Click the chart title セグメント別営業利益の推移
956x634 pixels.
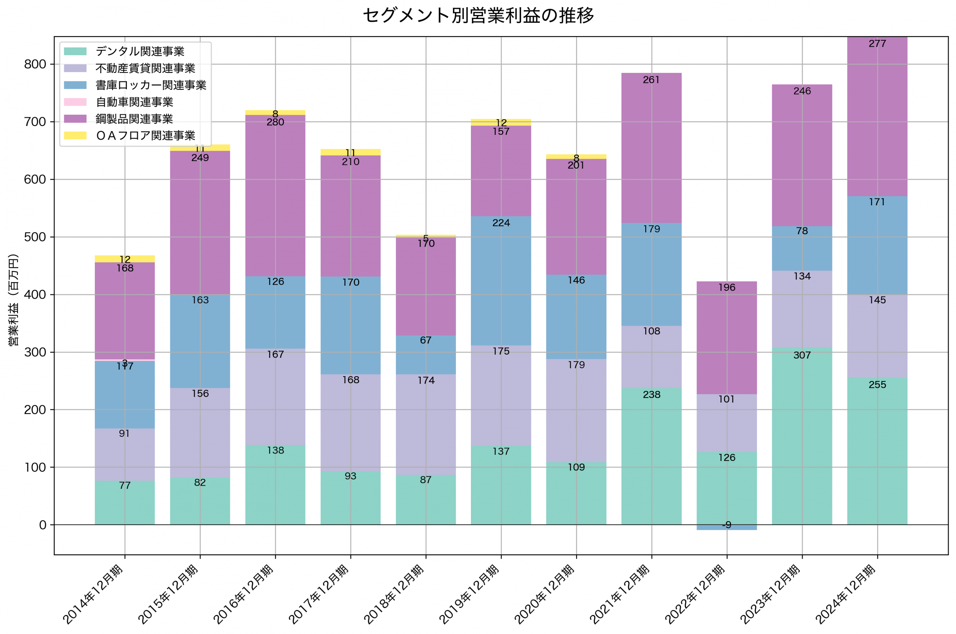pyautogui.click(x=478, y=16)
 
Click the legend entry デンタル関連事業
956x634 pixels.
pyautogui.click(x=140, y=51)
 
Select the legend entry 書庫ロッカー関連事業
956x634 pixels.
pyautogui.click(x=151, y=85)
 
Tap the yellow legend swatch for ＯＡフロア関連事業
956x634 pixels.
pyautogui.click(x=75, y=136)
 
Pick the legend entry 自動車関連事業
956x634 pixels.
pyautogui.click(x=134, y=102)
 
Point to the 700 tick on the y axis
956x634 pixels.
pyautogui.click(x=35, y=122)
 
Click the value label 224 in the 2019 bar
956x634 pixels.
pyautogui.click(x=501, y=223)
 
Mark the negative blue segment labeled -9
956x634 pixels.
pyautogui.click(x=726, y=527)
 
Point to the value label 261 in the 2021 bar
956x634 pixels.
pyautogui.click(x=651, y=80)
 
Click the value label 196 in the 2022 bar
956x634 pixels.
pyautogui.click(x=726, y=287)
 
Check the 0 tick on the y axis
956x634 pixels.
pyautogui.click(x=43, y=525)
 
